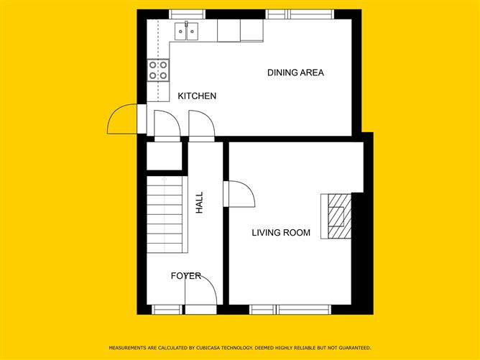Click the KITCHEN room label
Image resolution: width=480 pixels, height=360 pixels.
click(x=197, y=96)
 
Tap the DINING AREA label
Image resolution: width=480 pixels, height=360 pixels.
click(x=295, y=73)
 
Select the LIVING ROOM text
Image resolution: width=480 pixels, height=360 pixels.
click(x=281, y=233)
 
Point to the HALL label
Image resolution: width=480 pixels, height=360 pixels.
click(x=199, y=203)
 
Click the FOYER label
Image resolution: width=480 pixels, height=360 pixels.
click(x=186, y=276)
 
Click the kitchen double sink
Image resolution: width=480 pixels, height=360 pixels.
click(x=186, y=31)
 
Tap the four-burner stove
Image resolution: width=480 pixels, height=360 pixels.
click(x=158, y=70)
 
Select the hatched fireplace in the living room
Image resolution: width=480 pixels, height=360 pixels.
click(x=339, y=216)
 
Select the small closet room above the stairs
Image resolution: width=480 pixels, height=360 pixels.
click(x=165, y=156)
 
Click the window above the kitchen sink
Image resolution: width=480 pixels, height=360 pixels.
click(x=187, y=14)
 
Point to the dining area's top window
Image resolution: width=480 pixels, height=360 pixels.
click(x=300, y=14)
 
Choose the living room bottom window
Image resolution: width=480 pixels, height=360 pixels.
click(x=290, y=310)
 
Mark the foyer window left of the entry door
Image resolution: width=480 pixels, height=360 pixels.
click(x=167, y=310)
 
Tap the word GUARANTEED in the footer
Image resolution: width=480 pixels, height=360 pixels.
click(x=355, y=348)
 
